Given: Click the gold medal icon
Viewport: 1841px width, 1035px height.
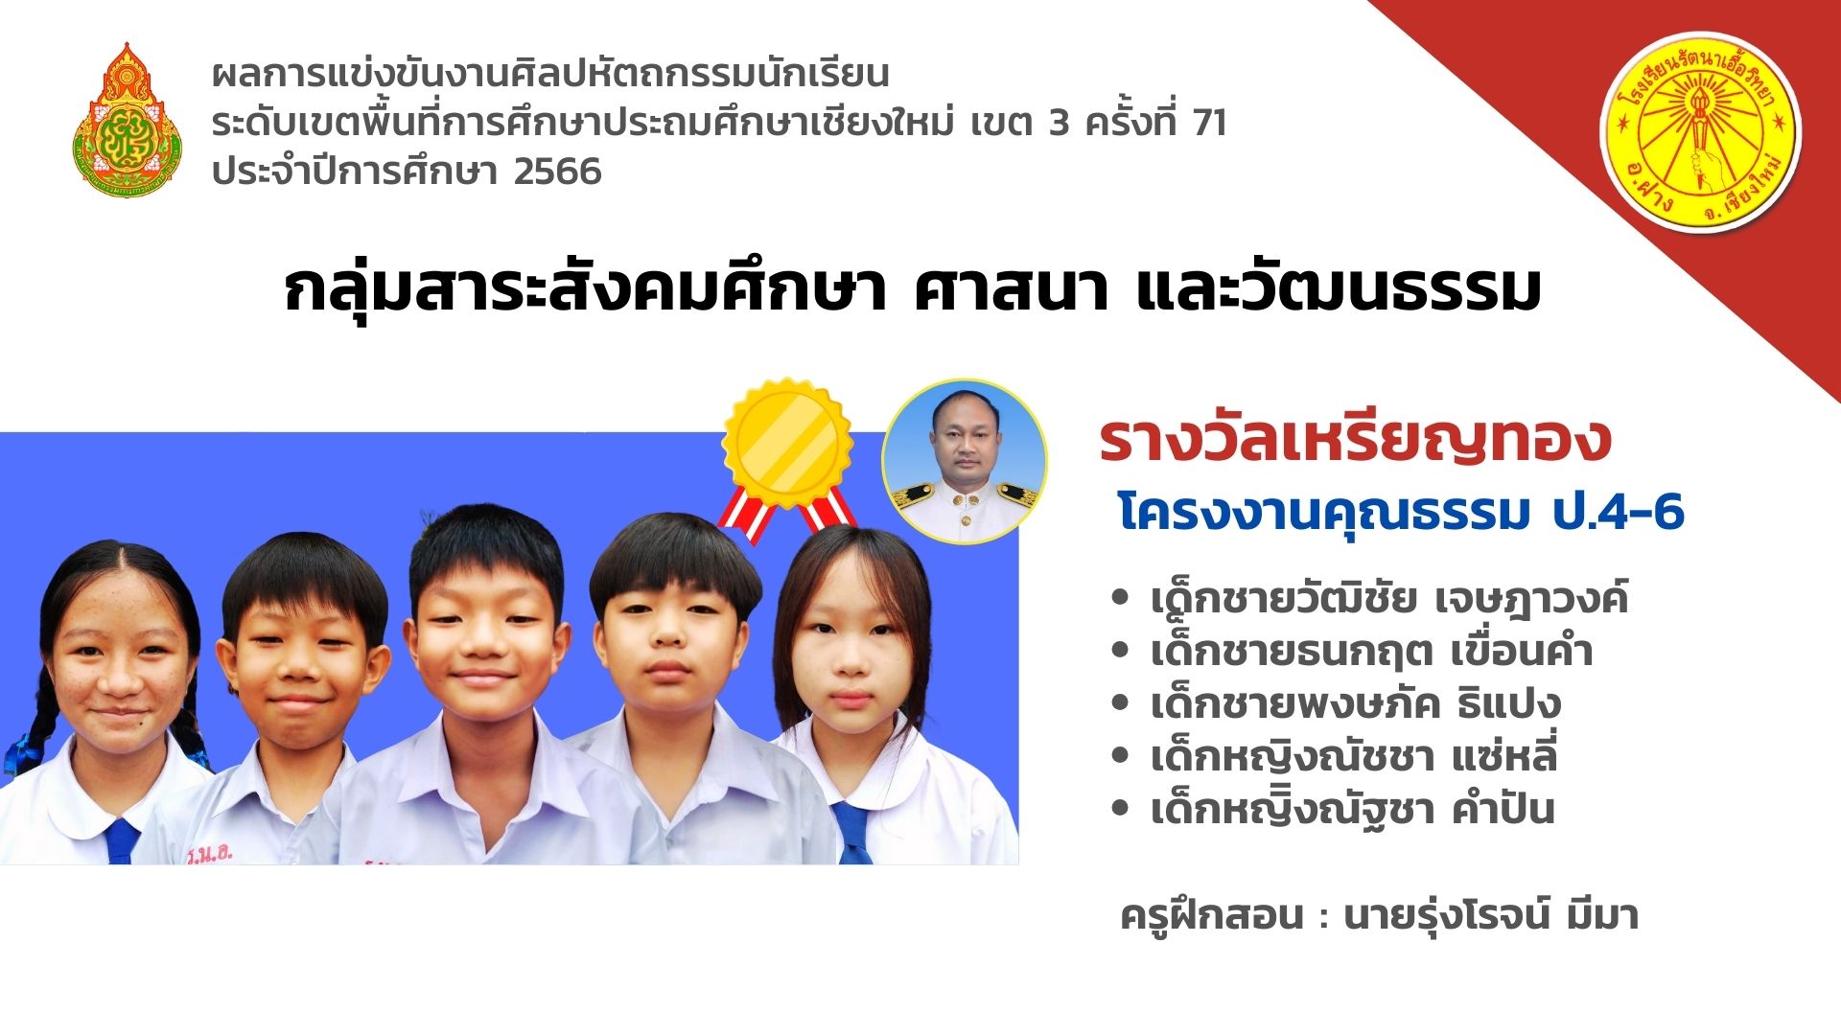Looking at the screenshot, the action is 787,443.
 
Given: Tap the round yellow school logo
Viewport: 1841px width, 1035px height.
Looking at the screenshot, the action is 1701,132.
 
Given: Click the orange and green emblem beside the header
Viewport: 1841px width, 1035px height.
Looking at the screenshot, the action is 127,119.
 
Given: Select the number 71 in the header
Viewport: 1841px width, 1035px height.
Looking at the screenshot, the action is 1210,123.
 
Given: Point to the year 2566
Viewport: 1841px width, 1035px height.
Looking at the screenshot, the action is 557,172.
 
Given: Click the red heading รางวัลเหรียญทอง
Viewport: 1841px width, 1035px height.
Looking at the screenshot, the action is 1355,440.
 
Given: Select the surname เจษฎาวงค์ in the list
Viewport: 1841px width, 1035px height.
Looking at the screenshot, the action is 1531,599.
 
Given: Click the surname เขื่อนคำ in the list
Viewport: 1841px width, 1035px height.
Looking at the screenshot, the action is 1521,652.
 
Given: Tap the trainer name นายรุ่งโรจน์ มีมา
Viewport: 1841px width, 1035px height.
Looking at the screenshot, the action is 1491,916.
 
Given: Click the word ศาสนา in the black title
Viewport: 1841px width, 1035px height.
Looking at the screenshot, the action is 1011,289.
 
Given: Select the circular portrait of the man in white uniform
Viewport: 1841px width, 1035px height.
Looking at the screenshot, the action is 965,462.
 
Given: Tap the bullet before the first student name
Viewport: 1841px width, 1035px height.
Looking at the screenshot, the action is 1119,599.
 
